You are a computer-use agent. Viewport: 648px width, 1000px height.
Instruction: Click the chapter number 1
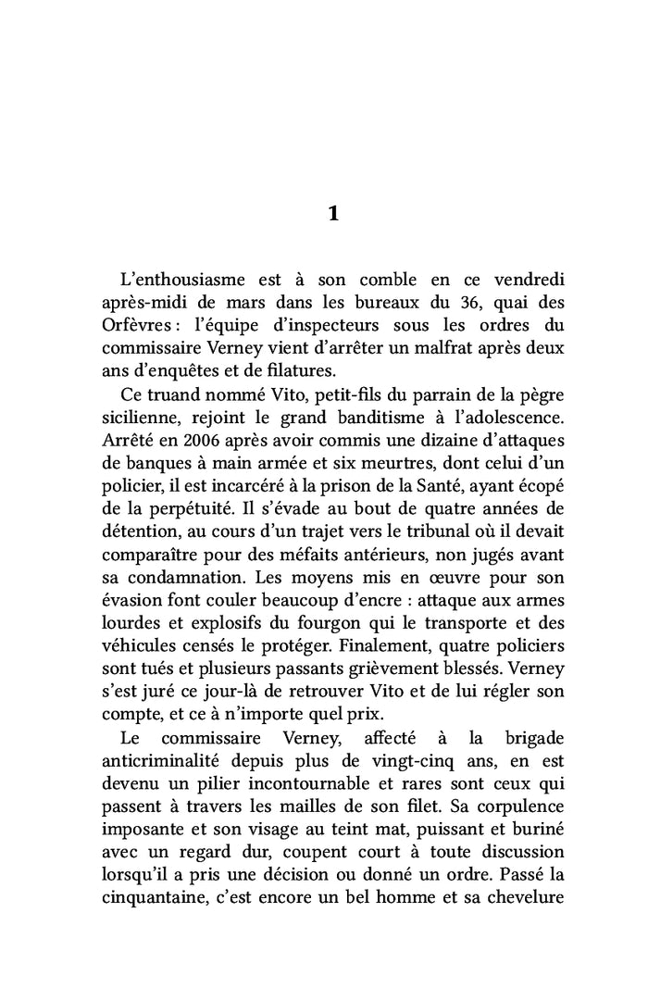pos(333,214)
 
